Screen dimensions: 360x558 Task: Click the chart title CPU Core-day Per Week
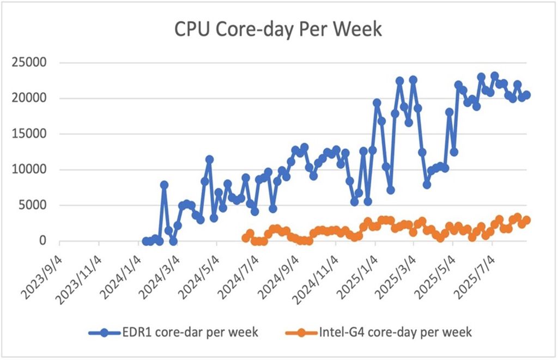tap(278, 30)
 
